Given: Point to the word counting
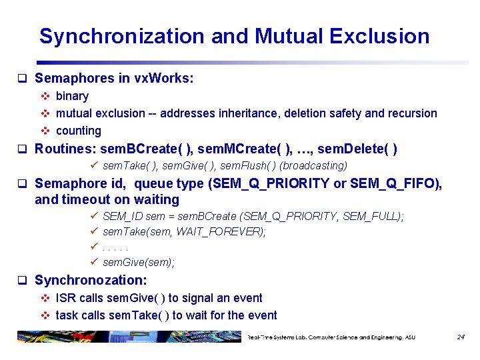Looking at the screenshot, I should pos(79,131).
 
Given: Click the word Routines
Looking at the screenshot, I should pos(62,149).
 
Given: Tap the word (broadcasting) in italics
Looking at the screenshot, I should pos(313,165).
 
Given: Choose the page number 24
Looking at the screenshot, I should pos(461,337).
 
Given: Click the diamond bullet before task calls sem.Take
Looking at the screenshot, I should pos(45,315).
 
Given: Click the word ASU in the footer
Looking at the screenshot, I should pos(409,337).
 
